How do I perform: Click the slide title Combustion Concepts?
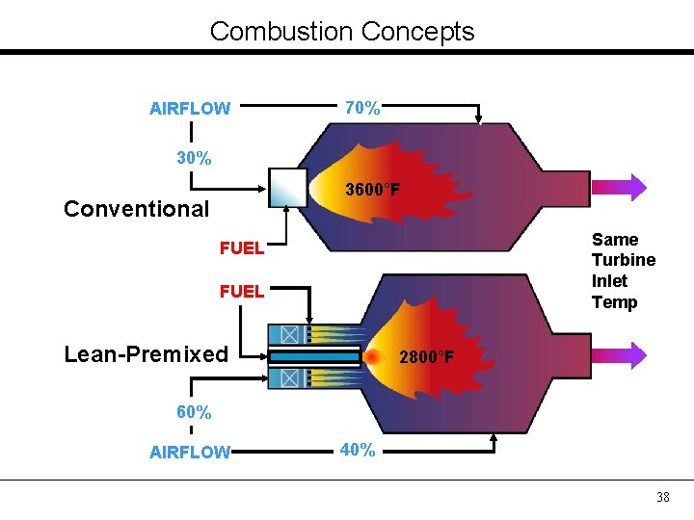(342, 32)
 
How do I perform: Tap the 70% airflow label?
(362, 109)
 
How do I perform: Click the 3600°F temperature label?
(373, 190)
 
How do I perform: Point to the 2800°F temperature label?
(426, 358)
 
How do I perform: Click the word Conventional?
(136, 209)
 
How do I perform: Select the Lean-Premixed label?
(146, 354)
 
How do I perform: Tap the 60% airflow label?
(194, 412)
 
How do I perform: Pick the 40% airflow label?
(357, 450)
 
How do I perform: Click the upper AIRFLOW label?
(190, 109)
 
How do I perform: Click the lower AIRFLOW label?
(190, 453)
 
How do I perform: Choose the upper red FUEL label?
(241, 248)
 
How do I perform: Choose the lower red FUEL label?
(241, 292)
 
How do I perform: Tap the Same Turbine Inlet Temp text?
(623, 271)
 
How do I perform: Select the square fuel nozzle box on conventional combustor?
(287, 188)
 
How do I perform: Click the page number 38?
(662, 497)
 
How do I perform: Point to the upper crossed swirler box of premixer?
(288, 333)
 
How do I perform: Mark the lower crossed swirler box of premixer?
(288, 378)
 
